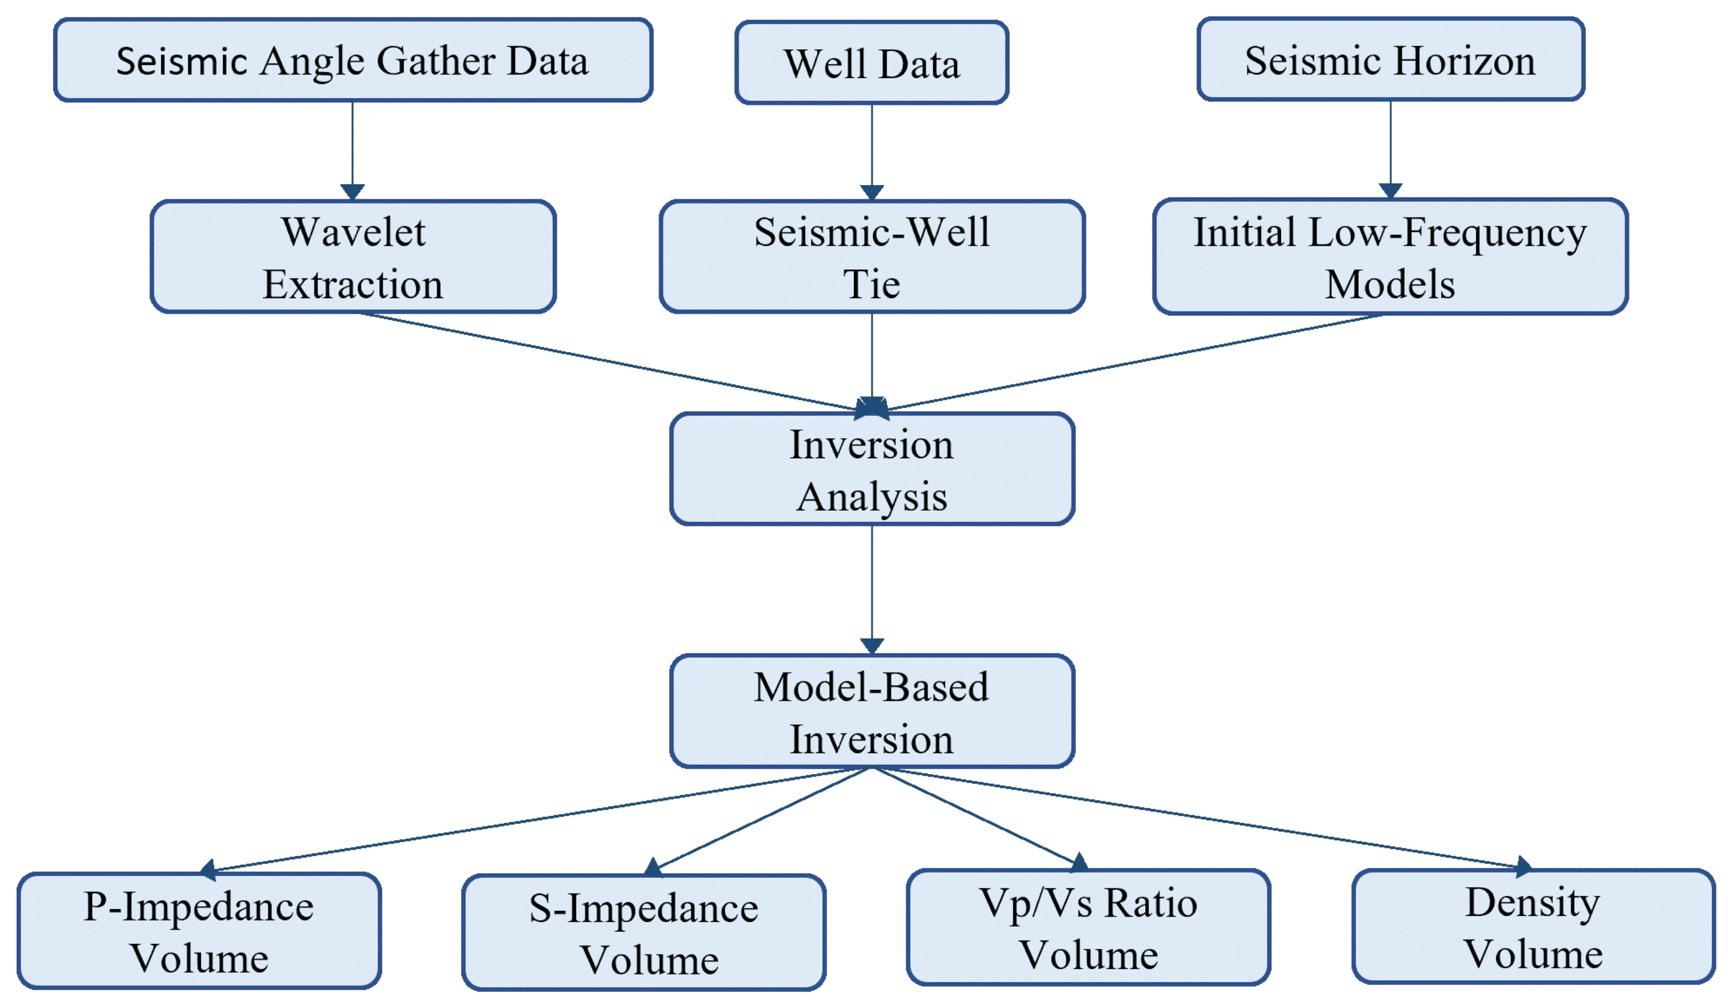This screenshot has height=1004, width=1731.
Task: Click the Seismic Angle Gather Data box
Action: pos(353,61)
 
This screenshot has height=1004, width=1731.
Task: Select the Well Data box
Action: pos(871,63)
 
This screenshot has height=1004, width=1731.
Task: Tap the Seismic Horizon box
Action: pos(1391,60)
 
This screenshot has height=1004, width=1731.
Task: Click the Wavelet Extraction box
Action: pos(353,257)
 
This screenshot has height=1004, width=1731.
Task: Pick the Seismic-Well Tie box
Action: pos(871,257)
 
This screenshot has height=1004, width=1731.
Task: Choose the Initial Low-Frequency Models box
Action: pos(1390,257)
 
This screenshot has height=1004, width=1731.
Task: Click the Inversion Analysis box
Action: pos(871,470)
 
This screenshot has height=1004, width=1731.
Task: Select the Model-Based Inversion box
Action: pos(871,711)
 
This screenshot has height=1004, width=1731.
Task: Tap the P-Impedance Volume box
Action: pos(199,932)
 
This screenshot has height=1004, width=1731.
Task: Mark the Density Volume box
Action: pos(1533,927)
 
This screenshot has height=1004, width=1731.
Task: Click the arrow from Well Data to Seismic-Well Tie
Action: pos(871,148)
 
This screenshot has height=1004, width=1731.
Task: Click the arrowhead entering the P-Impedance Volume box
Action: pos(207,869)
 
